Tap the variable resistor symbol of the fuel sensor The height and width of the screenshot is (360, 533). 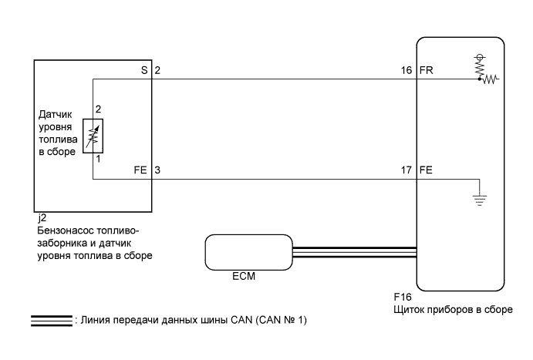pos(98,136)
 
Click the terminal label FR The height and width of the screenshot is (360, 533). pos(426,69)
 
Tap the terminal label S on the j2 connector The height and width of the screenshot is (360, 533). pos(143,69)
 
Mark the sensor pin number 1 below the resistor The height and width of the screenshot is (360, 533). pos(98,159)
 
